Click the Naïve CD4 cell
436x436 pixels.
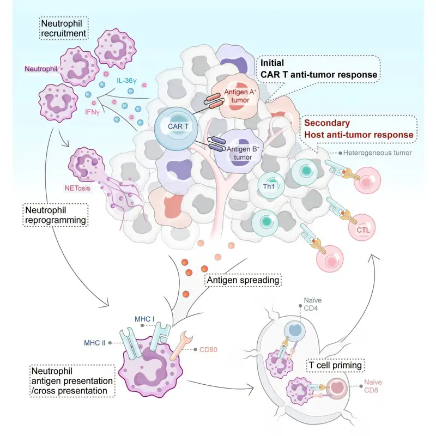tap(295, 332)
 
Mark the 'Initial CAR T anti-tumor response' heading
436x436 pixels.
tap(318, 69)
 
